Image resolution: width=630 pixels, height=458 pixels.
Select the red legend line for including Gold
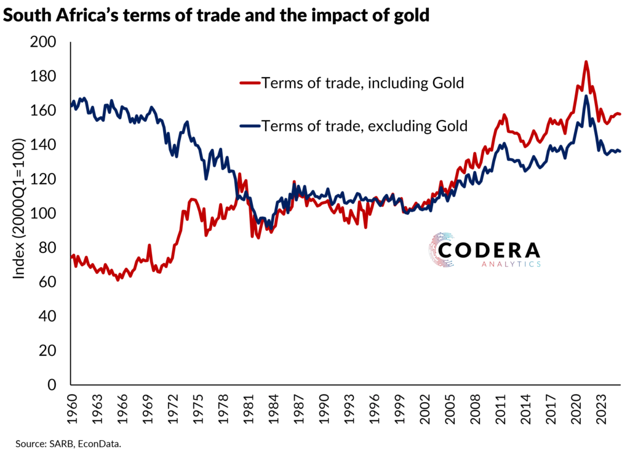pos(249,83)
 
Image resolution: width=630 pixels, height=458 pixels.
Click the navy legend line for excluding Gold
pos(249,126)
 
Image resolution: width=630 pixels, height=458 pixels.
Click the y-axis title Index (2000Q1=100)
pos(20,209)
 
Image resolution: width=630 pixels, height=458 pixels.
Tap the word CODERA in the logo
pos(490,250)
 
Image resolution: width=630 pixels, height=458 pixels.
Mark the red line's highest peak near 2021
pos(586,62)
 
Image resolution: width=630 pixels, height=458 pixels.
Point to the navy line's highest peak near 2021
pos(586,96)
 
